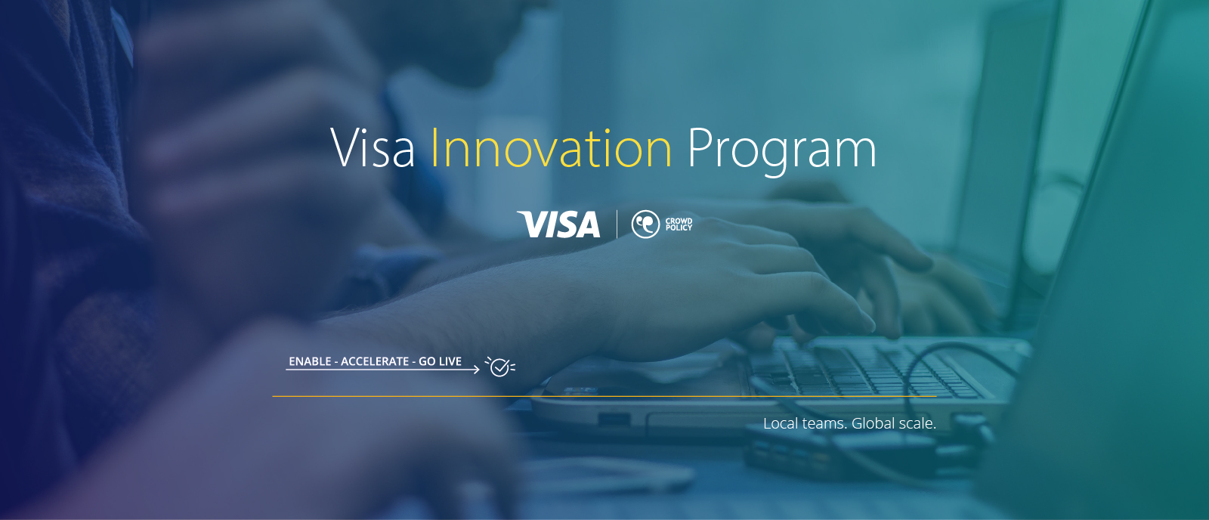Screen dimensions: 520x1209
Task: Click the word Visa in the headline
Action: (373, 149)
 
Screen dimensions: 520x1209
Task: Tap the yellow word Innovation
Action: (551, 149)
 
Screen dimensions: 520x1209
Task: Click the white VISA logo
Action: (559, 224)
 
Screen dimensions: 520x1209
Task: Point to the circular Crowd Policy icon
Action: (645, 224)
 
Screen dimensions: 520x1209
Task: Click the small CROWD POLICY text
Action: (679, 224)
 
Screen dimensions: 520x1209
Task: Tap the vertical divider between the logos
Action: (617, 224)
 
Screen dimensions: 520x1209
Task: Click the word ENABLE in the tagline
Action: (310, 361)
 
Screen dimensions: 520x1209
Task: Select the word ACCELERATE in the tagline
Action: (375, 361)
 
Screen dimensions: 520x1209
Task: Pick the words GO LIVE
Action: (440, 361)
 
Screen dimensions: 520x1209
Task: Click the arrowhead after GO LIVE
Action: (476, 370)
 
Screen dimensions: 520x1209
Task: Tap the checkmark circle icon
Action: (499, 367)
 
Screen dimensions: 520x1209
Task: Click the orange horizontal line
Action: (604, 396)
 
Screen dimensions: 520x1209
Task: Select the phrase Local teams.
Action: (804, 423)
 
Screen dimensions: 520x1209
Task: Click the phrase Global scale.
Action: (894, 423)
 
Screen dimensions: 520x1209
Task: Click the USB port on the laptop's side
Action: (614, 419)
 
